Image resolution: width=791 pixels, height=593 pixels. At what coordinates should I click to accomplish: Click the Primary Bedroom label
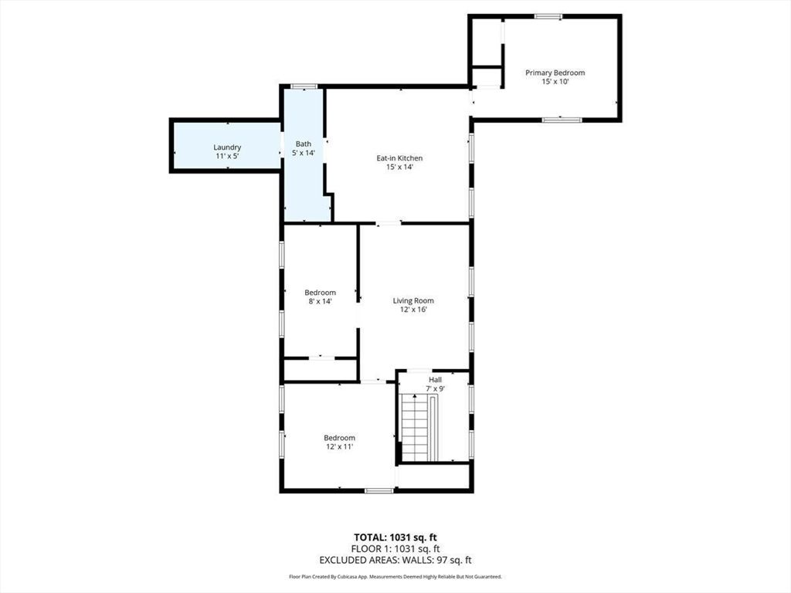555,73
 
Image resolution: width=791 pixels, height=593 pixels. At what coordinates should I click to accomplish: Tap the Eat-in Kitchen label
399,158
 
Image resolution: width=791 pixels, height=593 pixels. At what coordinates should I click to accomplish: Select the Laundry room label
228,147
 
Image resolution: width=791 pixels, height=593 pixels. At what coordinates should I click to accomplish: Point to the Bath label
304,144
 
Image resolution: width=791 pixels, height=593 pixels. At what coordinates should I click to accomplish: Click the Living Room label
413,300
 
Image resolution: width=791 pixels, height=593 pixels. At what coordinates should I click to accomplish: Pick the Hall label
436,379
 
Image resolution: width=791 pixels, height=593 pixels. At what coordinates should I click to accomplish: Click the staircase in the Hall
416,427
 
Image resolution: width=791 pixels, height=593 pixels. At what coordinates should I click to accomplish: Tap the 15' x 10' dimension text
555,82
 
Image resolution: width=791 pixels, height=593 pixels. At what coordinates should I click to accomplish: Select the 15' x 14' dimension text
399,168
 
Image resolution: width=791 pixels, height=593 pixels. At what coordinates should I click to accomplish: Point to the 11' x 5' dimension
228,156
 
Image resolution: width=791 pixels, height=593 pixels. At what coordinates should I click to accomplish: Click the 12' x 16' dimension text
413,310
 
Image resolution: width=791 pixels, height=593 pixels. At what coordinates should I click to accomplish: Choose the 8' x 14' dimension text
320,302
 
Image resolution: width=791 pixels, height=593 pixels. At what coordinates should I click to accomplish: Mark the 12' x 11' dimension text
339,447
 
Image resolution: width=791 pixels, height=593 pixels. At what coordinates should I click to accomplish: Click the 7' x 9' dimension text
436,388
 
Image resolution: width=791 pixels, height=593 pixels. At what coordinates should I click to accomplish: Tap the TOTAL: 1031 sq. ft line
395,537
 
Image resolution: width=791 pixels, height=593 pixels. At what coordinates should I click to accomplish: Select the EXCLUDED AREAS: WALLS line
395,560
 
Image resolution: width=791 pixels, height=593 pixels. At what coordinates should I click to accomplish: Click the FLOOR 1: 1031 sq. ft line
395,549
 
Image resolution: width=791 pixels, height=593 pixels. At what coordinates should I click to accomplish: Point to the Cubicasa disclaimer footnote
395,577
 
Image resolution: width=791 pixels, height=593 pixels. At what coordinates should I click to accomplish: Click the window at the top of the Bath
304,86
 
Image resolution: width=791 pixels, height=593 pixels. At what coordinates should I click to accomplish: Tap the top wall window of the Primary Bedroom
548,15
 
